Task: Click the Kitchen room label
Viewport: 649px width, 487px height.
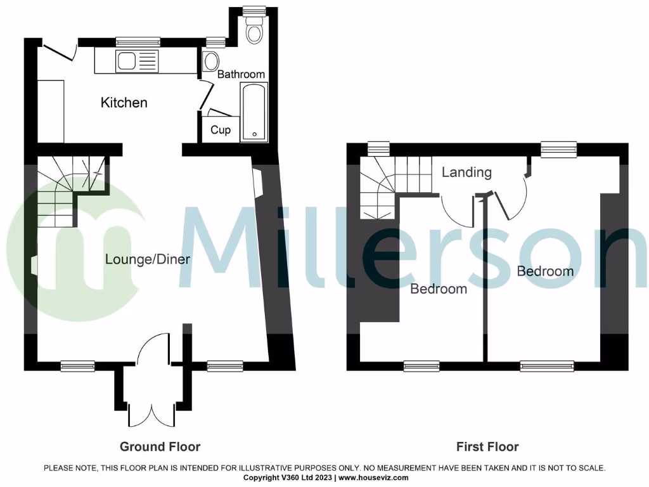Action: click(x=124, y=102)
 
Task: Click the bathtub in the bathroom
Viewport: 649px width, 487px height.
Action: click(x=254, y=112)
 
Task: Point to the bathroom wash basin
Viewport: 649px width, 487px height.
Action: click(x=210, y=62)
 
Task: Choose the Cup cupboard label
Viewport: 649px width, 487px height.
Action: click(x=221, y=130)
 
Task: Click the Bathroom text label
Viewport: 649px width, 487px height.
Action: click(x=241, y=74)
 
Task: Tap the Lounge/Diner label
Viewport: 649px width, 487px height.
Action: click(x=148, y=259)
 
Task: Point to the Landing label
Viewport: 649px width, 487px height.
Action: click(x=466, y=172)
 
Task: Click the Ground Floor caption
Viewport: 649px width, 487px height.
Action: click(x=160, y=446)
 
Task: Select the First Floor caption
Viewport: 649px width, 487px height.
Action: click(x=487, y=446)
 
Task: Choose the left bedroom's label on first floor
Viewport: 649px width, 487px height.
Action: click(x=439, y=289)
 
